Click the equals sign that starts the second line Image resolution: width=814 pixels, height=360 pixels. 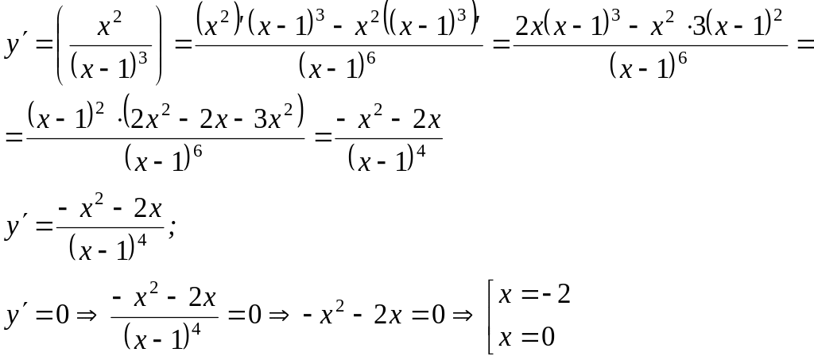click(x=14, y=136)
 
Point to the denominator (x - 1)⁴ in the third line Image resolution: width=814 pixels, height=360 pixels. click(x=108, y=250)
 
